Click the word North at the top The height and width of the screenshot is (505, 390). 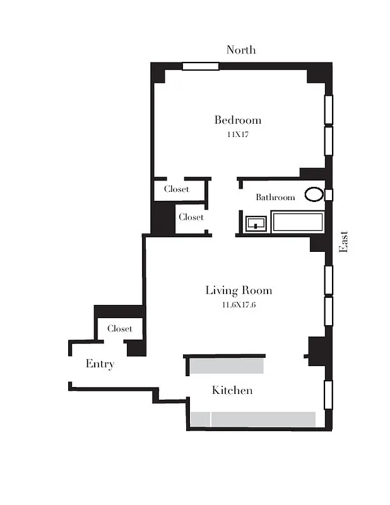(241, 50)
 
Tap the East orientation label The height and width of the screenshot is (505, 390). (344, 241)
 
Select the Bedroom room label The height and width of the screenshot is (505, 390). (237, 120)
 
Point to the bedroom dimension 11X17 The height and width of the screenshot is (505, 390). (237, 134)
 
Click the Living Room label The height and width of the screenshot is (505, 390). (239, 290)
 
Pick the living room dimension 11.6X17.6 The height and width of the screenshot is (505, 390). (239, 305)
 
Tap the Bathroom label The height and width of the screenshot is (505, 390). (275, 198)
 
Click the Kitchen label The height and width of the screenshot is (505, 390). (232, 391)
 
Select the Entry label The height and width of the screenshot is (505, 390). (100, 364)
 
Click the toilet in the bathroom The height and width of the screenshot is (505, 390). (314, 194)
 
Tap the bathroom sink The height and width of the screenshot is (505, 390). (256, 223)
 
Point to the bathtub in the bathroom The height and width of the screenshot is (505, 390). (297, 222)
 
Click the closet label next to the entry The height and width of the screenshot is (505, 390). (119, 329)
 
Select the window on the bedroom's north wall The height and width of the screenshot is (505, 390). (201, 66)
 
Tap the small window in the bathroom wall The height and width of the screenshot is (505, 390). (328, 194)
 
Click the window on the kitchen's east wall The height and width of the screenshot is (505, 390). (328, 395)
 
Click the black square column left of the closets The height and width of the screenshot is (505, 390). (163, 218)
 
